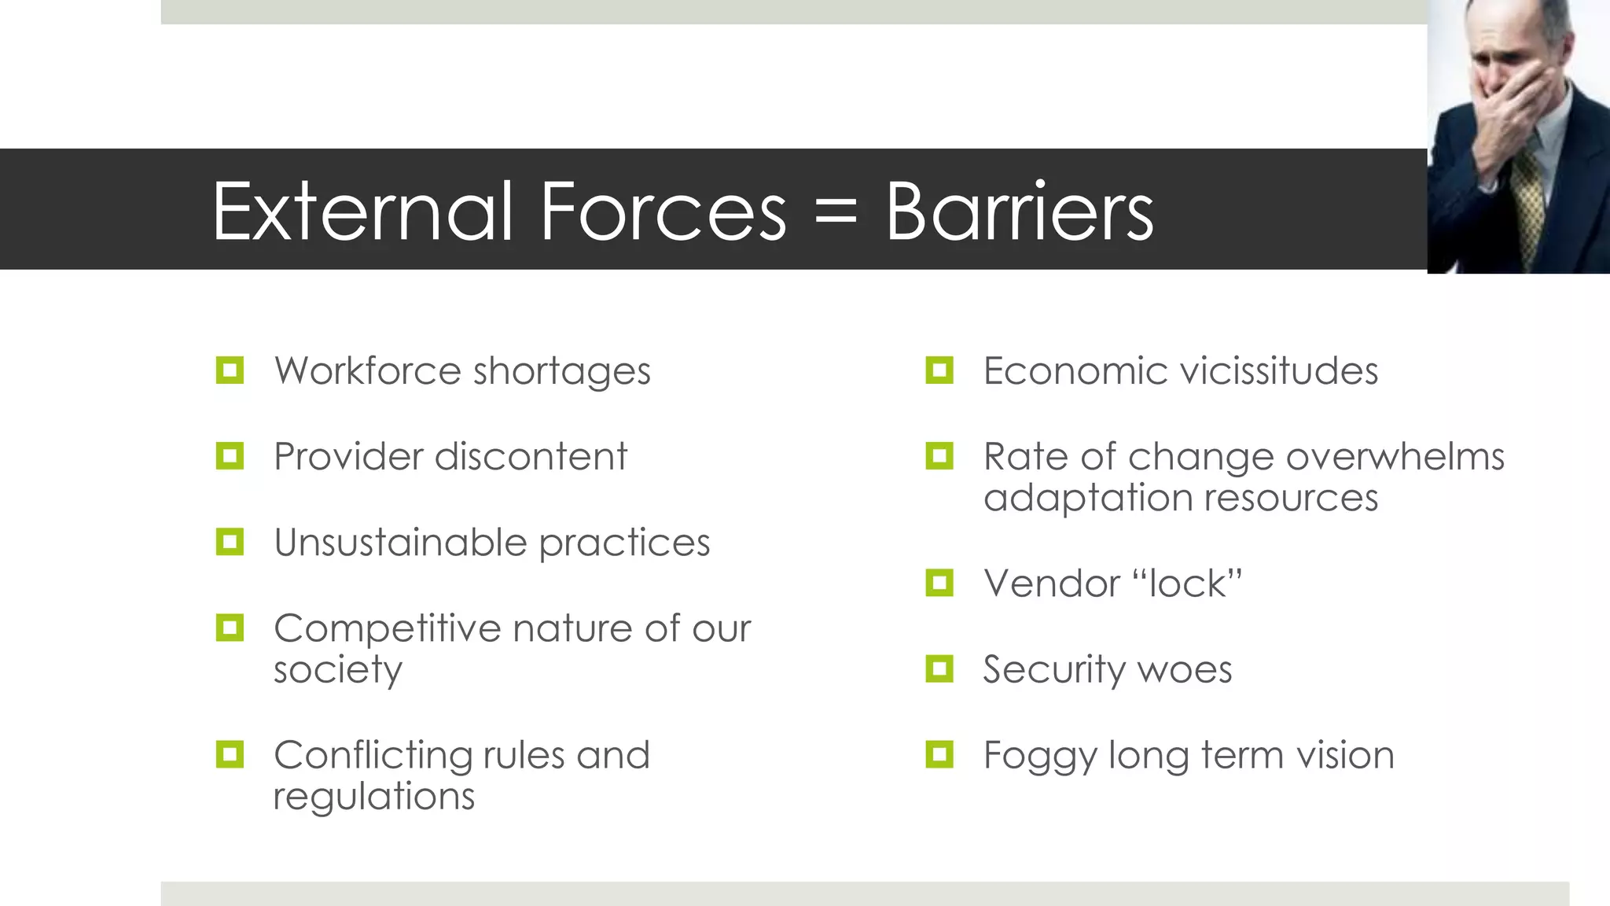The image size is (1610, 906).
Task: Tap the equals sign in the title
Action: tap(836, 212)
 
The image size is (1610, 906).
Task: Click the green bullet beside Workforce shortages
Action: tap(230, 370)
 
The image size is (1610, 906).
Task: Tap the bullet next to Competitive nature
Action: tap(230, 628)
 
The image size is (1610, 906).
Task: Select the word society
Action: tap(338, 670)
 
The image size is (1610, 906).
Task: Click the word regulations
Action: tap(374, 796)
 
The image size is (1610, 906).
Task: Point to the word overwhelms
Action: tap(1395, 456)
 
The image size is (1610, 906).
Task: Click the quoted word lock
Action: tap(1187, 584)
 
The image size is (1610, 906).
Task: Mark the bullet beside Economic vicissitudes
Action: tap(939, 370)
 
